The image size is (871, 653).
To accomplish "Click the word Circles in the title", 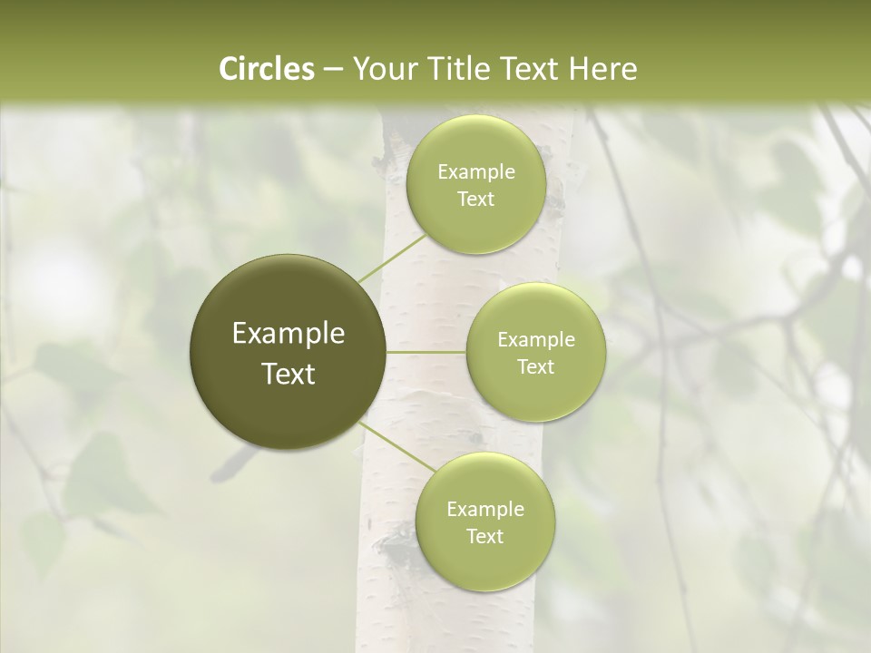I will pos(266,69).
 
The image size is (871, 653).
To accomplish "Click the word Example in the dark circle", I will pos(289,334).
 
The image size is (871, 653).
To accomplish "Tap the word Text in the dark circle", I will pos(289,374).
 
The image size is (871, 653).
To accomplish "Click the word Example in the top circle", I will pos(475,172).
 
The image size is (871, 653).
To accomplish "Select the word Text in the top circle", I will pos(475,200).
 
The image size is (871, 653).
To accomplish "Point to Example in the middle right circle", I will pos(535,340).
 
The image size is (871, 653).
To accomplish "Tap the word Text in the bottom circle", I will pos(484,536).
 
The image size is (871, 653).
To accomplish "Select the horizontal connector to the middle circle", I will pos(426,352).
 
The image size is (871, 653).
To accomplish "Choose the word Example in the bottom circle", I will pos(484,509).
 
